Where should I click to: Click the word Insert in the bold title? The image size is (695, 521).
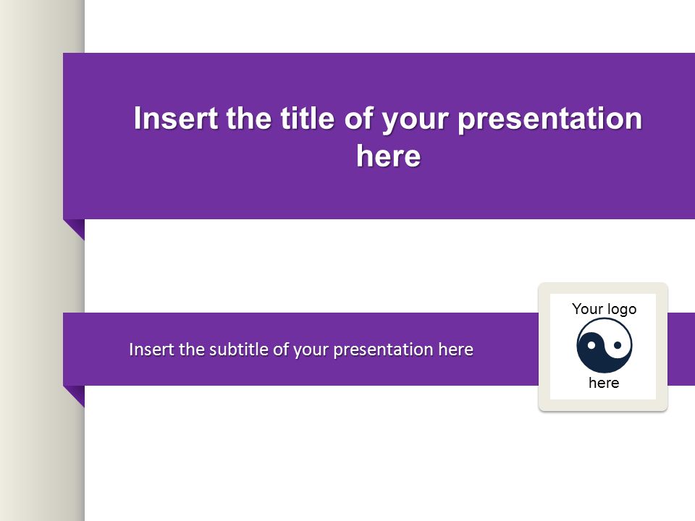(x=175, y=118)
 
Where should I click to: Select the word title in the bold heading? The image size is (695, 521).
(x=307, y=118)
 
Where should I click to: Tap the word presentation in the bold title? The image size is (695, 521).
(x=549, y=119)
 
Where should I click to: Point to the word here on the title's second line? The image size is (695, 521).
(x=388, y=156)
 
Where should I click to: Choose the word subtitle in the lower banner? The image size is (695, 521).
(x=239, y=349)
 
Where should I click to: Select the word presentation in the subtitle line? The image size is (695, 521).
(x=383, y=350)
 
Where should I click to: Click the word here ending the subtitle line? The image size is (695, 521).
(x=455, y=349)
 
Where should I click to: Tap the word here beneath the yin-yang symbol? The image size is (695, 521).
(x=604, y=382)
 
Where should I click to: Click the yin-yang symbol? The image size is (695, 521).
(x=604, y=346)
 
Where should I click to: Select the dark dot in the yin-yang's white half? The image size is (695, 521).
(x=617, y=344)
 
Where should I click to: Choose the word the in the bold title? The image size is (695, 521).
(x=248, y=118)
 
